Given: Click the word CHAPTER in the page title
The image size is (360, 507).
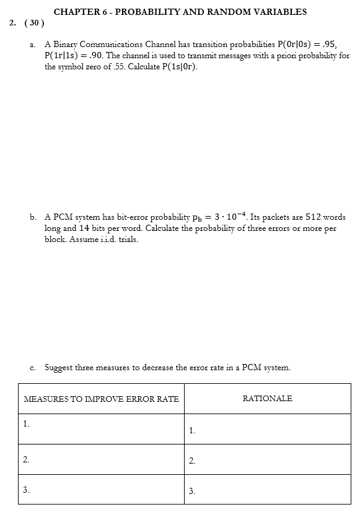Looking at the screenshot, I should click(x=71, y=11).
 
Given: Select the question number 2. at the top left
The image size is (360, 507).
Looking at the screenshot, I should click(x=13, y=24).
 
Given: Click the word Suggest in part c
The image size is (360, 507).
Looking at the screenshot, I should click(x=59, y=367).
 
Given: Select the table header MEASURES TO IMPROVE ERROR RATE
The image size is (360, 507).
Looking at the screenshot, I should click(x=101, y=399).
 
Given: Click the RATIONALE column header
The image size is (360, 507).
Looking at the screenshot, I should click(x=267, y=399).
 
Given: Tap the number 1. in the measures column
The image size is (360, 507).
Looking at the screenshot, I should click(x=25, y=424).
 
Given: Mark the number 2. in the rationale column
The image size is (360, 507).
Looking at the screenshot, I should click(x=192, y=461).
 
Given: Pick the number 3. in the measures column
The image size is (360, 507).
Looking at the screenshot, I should click(x=25, y=489).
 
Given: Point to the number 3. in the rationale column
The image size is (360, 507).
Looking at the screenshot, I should click(x=192, y=492).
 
